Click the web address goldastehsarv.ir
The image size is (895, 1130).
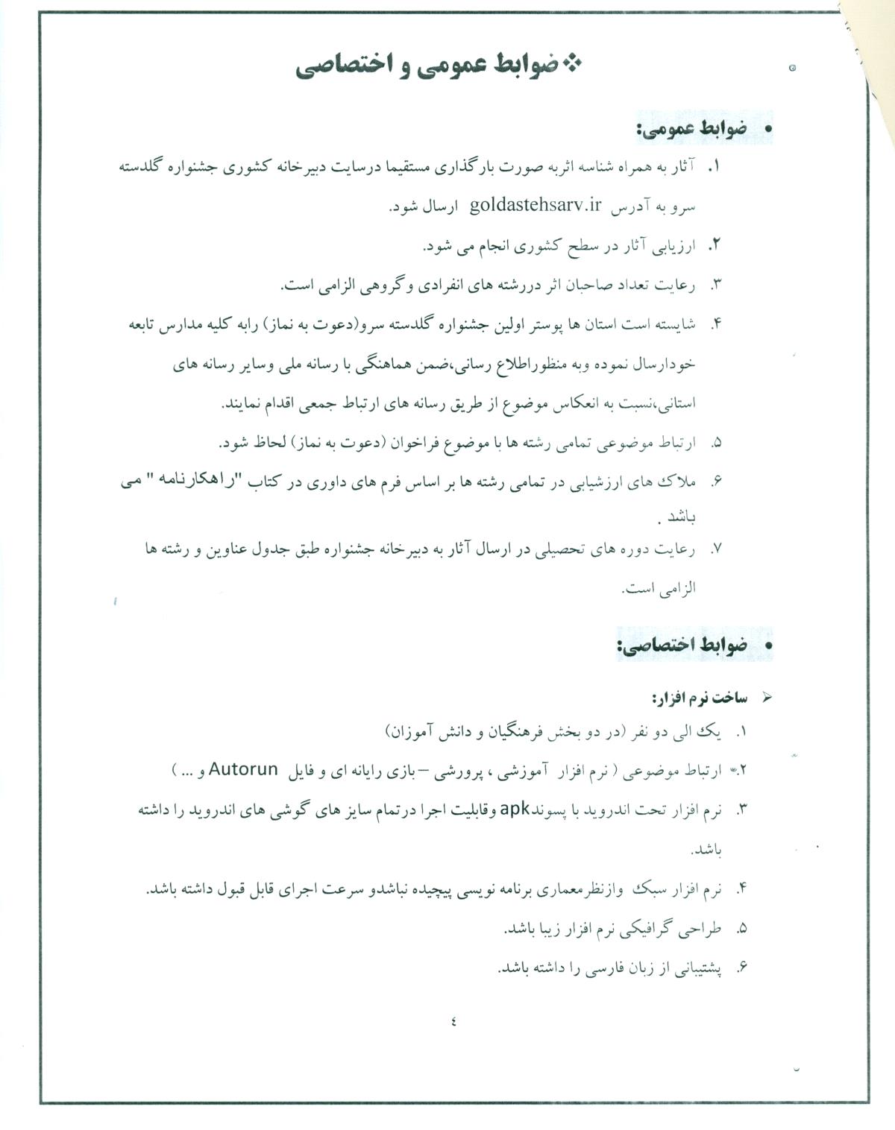click(535, 206)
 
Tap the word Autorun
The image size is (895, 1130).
click(243, 769)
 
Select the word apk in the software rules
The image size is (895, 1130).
click(515, 809)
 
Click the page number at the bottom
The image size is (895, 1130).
click(453, 1021)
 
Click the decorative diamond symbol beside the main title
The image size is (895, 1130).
click(572, 65)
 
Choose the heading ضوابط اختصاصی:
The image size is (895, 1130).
click(682, 646)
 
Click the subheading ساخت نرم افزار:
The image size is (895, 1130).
click(700, 698)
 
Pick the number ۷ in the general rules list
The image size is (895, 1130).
click(716, 549)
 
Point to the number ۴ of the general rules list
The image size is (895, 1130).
click(717, 323)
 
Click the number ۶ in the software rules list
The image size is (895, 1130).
click(741, 968)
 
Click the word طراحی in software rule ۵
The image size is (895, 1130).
click(706, 929)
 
